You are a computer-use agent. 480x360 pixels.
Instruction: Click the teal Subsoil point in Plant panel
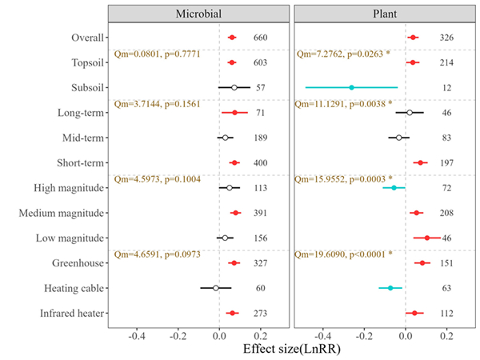pos(351,87)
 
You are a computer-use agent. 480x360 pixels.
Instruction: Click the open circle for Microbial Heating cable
pos(215,287)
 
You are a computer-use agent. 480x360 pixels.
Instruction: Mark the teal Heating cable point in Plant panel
pos(390,287)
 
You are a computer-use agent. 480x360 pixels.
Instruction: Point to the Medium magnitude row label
pos(64,213)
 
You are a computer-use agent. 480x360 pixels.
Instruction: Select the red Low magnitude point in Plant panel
pos(426,238)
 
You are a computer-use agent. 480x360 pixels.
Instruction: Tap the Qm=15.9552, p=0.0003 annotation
pos(343,179)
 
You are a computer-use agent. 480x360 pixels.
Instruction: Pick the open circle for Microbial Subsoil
pos(234,87)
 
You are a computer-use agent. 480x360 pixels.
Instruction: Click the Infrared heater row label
pos(70,313)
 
